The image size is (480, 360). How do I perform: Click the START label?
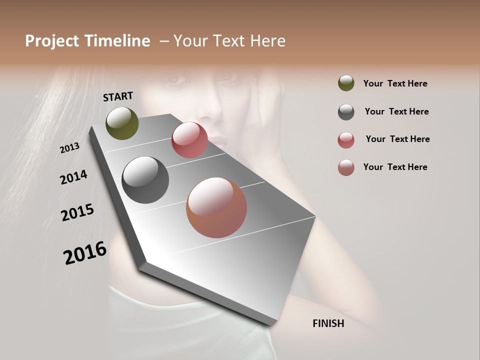[x=118, y=96]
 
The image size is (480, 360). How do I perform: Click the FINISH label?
[x=328, y=323]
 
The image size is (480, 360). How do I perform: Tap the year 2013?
[x=70, y=148]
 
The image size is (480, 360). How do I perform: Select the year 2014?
[x=74, y=177]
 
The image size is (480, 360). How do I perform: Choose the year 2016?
[x=85, y=253]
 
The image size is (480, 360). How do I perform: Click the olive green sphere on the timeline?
[x=122, y=123]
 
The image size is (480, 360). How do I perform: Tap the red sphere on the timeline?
[x=189, y=140]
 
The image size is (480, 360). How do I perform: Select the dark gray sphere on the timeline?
[x=145, y=180]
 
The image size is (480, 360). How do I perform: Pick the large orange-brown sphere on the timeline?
[x=216, y=207]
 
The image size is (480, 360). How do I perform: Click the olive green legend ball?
[x=346, y=83]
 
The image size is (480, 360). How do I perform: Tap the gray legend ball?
[x=346, y=112]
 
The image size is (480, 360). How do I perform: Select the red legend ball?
[x=346, y=140]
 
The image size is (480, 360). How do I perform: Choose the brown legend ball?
[x=346, y=167]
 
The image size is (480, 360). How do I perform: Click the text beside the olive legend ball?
[x=395, y=83]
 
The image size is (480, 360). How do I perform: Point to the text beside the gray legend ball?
[x=396, y=111]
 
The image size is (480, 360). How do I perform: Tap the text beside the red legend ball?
[x=397, y=139]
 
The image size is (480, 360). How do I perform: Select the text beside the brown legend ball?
[x=395, y=167]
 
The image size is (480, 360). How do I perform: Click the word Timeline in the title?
[x=118, y=41]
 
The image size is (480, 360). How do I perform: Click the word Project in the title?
[x=51, y=41]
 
